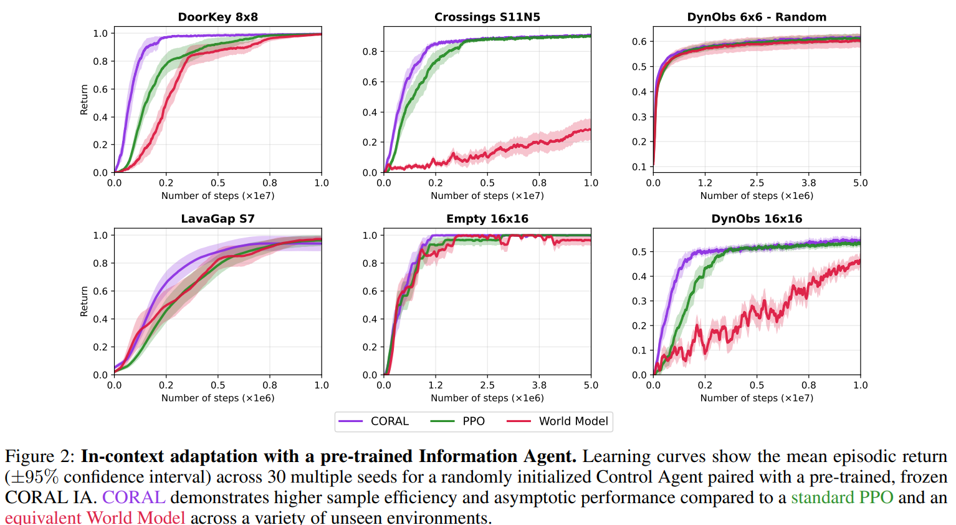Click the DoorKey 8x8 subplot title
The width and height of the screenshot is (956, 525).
tap(217, 17)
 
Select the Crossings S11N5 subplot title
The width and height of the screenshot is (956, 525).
tap(487, 17)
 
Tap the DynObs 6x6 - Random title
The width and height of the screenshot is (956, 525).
tap(757, 17)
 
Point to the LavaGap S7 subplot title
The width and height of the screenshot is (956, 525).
tap(217, 219)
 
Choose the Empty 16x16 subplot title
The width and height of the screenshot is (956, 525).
tap(487, 219)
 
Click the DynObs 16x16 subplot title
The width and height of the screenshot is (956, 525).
tap(757, 219)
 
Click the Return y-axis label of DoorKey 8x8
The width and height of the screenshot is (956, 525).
tap(84, 100)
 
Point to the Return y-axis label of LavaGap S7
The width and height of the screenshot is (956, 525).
tap(84, 302)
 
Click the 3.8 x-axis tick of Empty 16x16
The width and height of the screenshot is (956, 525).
tap(539, 385)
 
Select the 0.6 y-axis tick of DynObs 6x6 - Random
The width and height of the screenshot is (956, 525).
tap(639, 42)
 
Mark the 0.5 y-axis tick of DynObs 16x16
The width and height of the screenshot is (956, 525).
tap(639, 252)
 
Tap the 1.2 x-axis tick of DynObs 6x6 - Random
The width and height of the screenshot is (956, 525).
tap(705, 183)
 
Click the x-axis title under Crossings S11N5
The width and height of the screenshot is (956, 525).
tap(487, 196)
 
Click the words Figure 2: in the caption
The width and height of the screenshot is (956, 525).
tap(40, 457)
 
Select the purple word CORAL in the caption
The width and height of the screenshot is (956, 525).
tap(133, 498)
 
